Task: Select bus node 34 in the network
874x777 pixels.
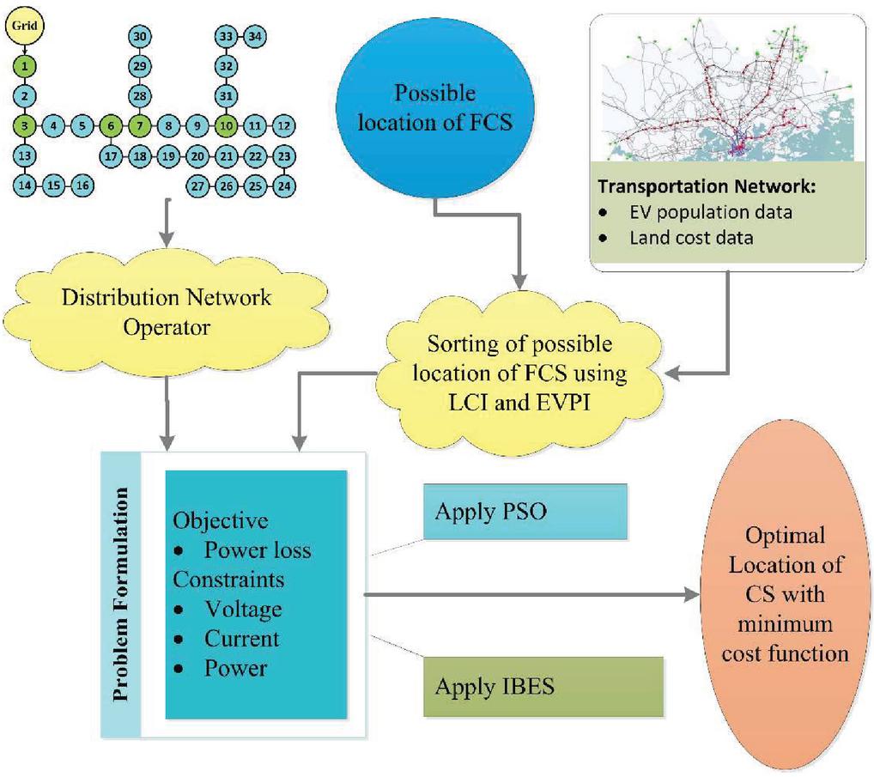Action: [254, 36]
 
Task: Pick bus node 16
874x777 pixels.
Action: [82, 184]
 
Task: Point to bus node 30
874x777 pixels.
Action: [140, 36]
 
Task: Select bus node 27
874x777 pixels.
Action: [198, 185]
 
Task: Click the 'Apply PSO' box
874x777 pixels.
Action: [525, 513]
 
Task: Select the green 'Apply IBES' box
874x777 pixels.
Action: [543, 686]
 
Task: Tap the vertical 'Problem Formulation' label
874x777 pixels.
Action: [120, 596]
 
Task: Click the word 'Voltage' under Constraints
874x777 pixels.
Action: [243, 609]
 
